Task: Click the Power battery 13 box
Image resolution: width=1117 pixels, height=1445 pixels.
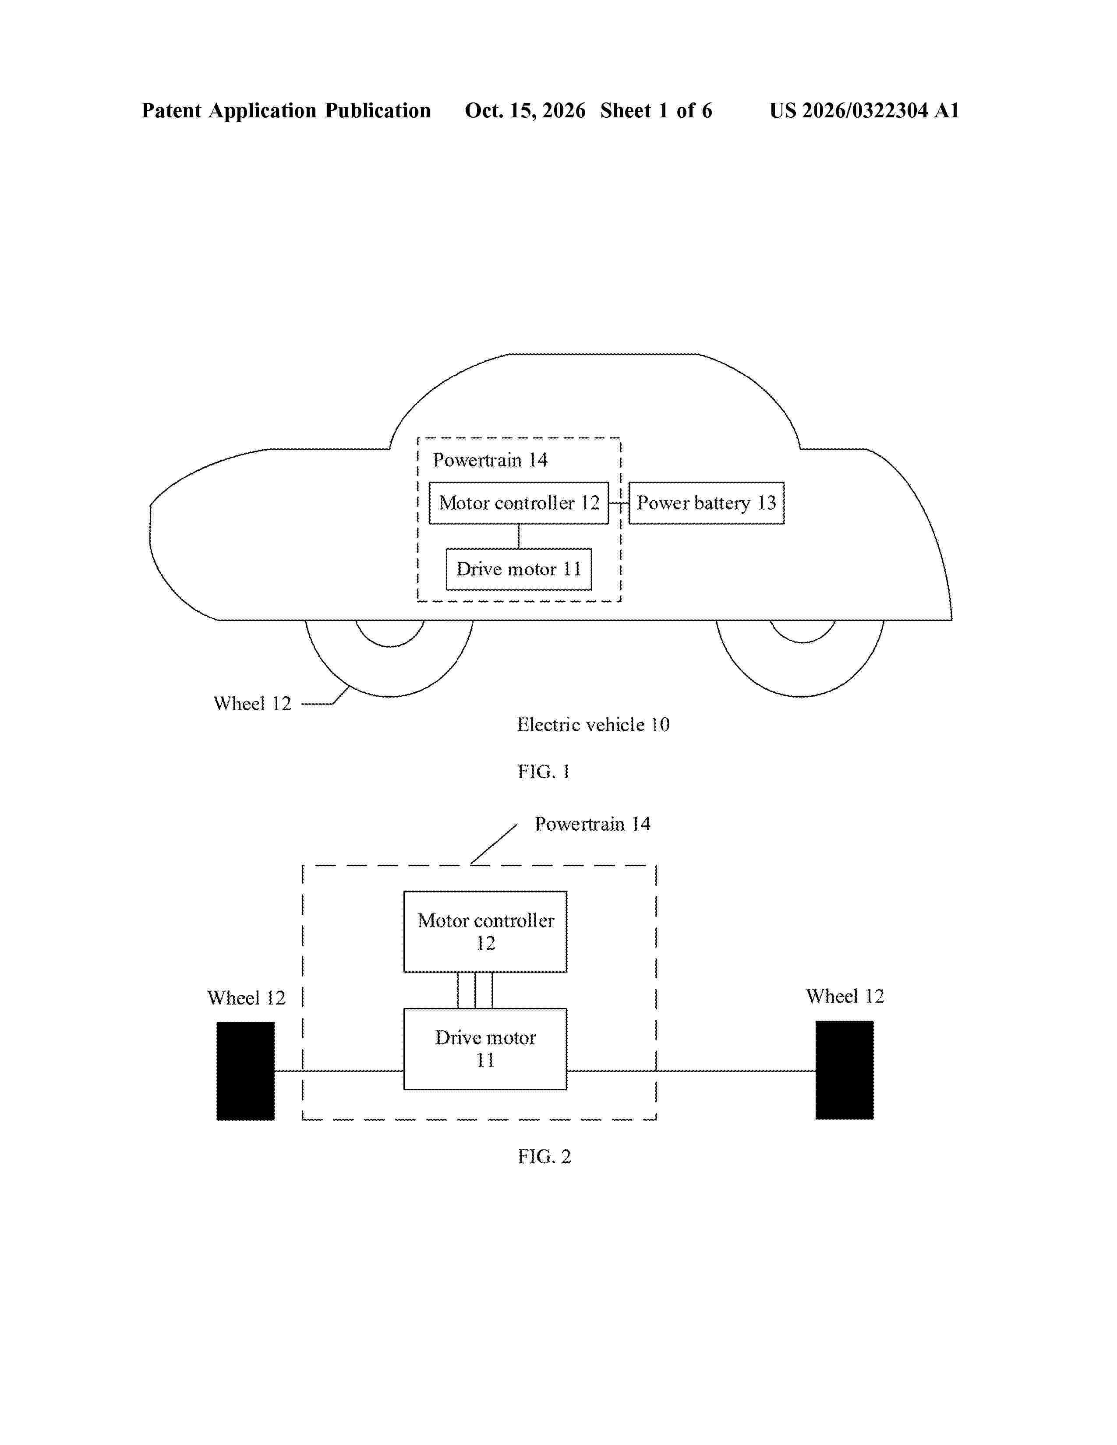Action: [x=706, y=503]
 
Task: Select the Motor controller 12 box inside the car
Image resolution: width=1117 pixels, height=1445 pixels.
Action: [x=519, y=503]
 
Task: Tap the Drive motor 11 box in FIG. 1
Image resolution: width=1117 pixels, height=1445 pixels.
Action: [x=519, y=569]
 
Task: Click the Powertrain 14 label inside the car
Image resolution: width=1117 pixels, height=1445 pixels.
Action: [x=490, y=460]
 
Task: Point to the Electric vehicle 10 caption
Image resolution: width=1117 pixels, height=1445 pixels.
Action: [x=593, y=725]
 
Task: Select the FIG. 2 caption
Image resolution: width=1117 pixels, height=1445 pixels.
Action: [x=544, y=1156]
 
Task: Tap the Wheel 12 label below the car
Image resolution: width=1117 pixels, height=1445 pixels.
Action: [x=252, y=703]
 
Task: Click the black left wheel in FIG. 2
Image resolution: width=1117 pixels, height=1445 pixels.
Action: [x=245, y=1071]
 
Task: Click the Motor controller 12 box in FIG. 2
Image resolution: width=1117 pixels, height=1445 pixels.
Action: [x=485, y=931]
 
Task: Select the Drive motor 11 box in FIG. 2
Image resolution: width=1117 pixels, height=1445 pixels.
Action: [x=485, y=1049]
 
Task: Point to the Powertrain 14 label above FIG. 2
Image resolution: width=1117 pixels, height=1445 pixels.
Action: [x=592, y=824]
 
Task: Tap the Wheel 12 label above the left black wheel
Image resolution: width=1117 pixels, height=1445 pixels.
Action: [x=246, y=998]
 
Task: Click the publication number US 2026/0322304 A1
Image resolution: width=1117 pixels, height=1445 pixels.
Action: [x=864, y=110]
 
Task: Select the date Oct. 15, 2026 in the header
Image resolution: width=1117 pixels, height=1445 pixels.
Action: [x=525, y=110]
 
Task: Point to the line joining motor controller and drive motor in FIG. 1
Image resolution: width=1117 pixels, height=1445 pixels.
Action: [x=519, y=536]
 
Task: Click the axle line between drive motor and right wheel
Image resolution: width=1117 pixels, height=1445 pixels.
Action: [x=691, y=1071]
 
